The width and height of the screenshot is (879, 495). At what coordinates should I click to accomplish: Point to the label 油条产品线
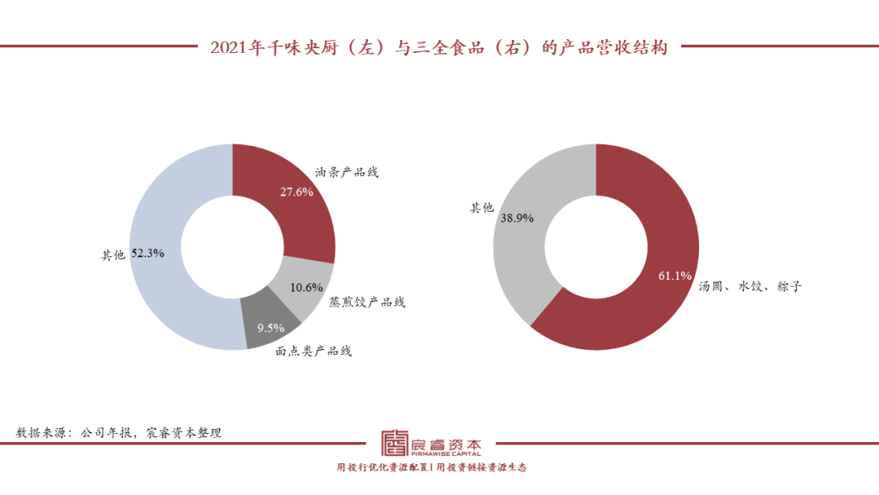coord(347,173)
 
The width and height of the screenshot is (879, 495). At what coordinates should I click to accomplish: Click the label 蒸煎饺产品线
coord(367,302)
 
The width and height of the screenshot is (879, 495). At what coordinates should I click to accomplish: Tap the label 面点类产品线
coord(313,351)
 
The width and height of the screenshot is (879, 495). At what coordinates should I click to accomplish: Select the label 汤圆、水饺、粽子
coord(750,287)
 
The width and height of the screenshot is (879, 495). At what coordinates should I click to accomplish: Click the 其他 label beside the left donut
coord(113,255)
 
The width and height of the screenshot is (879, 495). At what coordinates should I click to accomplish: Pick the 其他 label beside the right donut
coord(482,208)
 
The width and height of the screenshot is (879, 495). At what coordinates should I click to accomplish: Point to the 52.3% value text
coord(148,254)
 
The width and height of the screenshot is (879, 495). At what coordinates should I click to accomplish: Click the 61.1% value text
coord(675,276)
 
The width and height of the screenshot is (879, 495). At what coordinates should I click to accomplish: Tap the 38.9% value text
coord(518,219)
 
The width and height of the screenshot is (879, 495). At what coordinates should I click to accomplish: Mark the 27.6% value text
coord(296,192)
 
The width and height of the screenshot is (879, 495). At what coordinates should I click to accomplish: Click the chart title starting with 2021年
coord(439,47)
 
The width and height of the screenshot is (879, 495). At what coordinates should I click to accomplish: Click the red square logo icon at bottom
coord(395,444)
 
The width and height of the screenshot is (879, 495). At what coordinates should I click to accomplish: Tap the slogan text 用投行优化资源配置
coord(383,468)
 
